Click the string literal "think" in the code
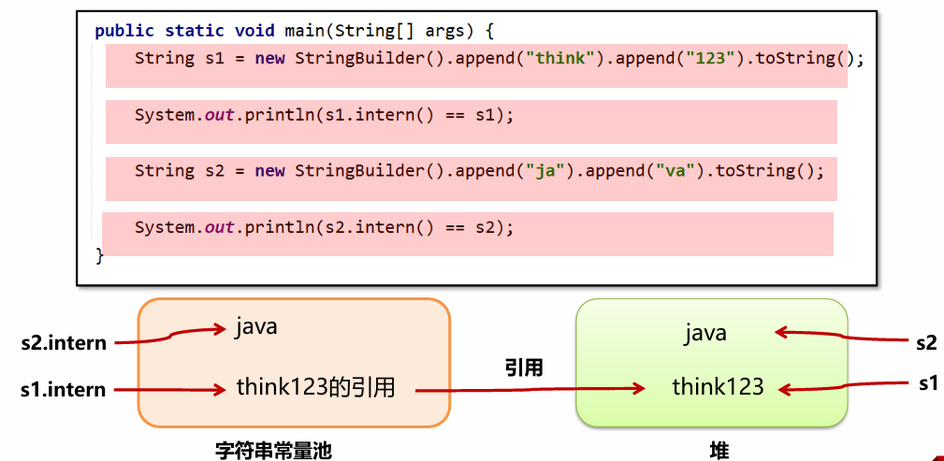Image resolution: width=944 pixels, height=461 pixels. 559,58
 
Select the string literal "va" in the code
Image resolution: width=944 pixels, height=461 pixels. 671,171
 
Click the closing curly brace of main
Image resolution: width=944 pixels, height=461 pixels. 99,254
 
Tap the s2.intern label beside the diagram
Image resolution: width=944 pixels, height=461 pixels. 63,343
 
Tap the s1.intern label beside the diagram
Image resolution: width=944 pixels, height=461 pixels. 63,389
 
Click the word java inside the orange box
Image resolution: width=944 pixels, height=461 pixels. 256,328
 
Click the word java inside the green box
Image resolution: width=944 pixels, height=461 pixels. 705,333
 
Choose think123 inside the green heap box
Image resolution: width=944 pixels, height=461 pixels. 718,386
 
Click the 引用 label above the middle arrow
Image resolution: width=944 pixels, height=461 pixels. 524,367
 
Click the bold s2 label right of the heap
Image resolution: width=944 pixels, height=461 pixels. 926,342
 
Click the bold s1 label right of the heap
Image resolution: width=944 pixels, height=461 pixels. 926,382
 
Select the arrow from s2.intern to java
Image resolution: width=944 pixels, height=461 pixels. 178,336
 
